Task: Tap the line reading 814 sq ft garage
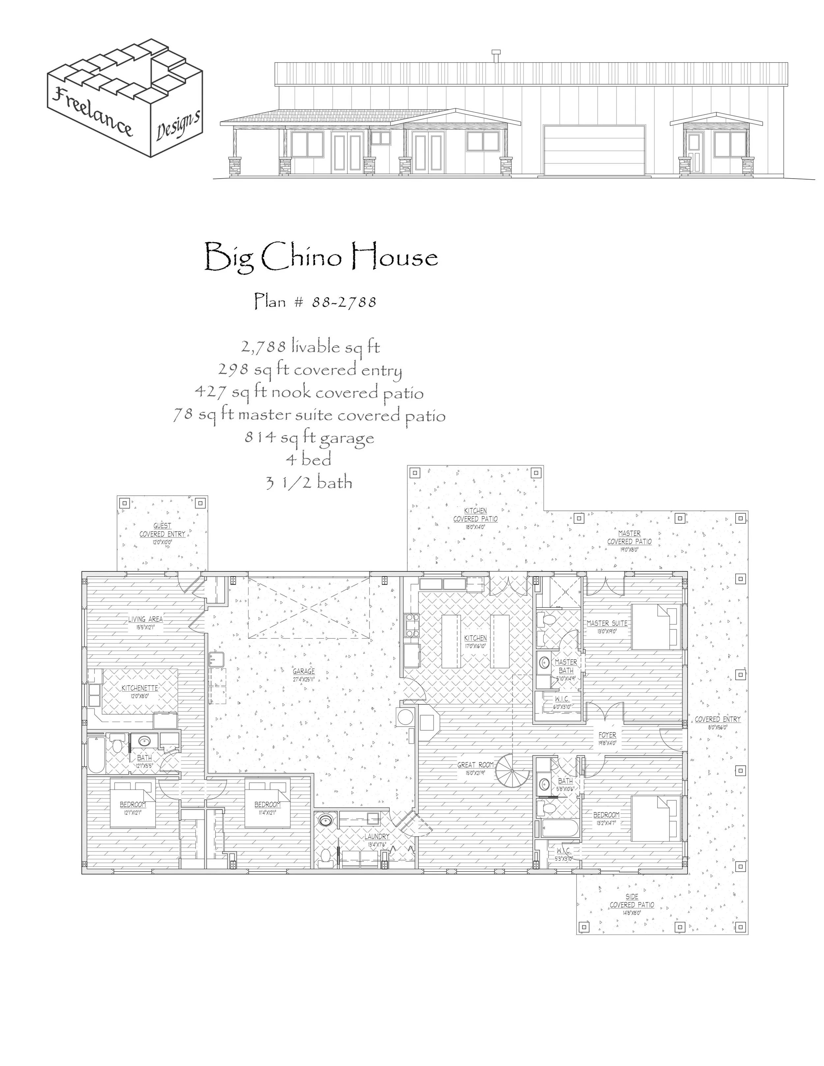pos(309,437)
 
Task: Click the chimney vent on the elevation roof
pos(496,57)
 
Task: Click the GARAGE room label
pos(304,671)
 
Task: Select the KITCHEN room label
pos(475,638)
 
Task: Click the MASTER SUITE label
pos(607,623)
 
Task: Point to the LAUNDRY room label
pos(377,836)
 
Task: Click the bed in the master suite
pos(656,627)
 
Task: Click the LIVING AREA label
pos(145,619)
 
